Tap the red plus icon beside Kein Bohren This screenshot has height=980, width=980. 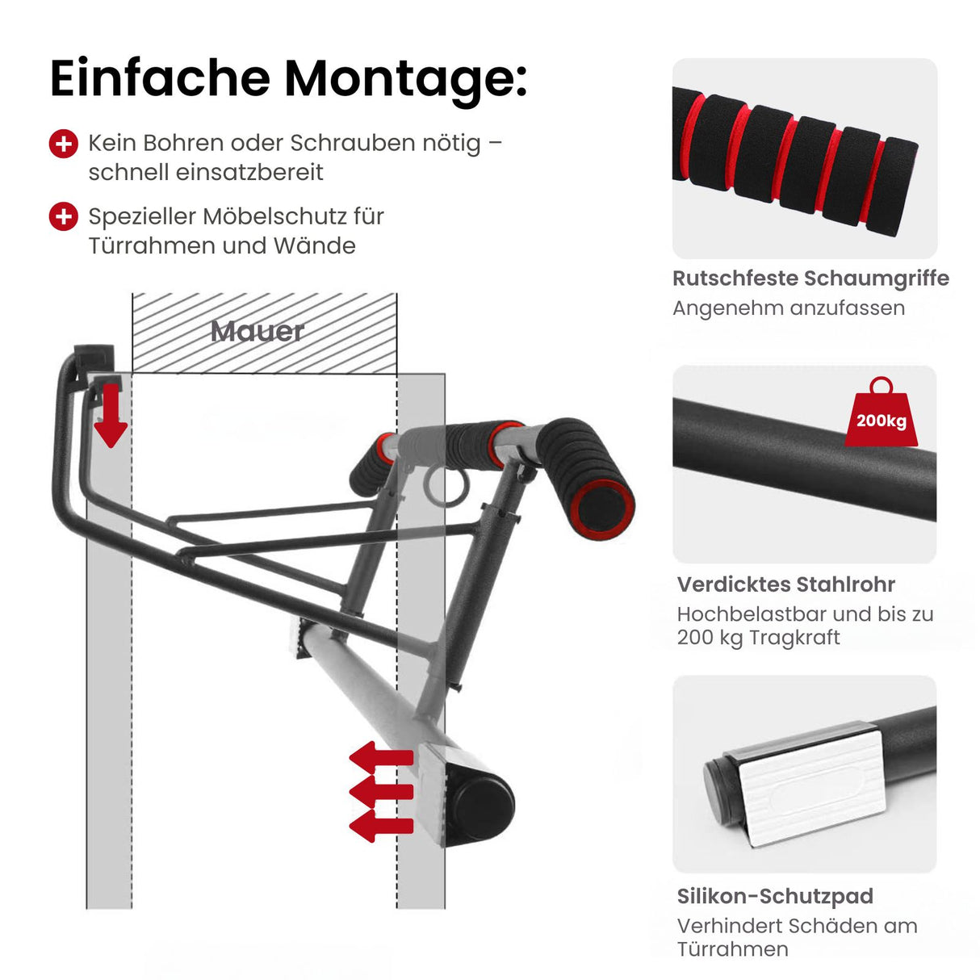(64, 144)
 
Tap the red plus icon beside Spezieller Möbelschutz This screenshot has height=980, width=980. (64, 217)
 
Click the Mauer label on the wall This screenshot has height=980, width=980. (257, 331)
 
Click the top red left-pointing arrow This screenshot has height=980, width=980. (381, 758)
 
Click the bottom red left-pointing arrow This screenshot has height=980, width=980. (381, 826)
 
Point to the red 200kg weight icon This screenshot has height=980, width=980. (881, 415)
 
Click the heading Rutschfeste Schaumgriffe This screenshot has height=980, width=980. (810, 279)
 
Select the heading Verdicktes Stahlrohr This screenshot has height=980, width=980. (785, 584)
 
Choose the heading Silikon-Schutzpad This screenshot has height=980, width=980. (775, 896)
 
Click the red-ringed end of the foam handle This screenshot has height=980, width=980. (603, 508)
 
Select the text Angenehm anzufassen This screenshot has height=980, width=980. (788, 308)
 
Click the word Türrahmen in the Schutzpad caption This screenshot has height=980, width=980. (732, 949)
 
